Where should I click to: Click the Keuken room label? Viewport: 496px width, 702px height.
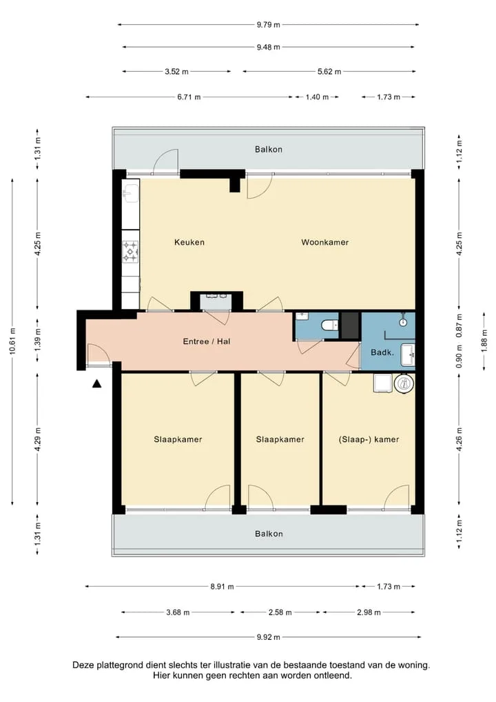[189, 242]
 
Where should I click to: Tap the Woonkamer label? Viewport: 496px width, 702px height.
[324, 242]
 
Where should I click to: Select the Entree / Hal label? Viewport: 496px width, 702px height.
[207, 341]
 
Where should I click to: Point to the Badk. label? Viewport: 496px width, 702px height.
[382, 353]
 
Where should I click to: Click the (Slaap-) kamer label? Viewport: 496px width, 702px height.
[369, 439]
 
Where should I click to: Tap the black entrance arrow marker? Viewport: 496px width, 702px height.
[96, 383]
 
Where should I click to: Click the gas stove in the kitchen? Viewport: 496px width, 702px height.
[131, 252]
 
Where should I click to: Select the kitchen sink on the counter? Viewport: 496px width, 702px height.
[131, 194]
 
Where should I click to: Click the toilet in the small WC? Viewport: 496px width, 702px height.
[331, 325]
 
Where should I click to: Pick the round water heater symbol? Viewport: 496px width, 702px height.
[404, 383]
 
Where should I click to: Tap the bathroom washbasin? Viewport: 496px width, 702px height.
[409, 355]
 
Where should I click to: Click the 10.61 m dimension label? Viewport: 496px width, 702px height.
[12, 341]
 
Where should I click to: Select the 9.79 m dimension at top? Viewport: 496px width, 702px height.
[269, 25]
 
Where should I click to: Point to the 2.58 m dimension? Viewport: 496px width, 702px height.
[280, 612]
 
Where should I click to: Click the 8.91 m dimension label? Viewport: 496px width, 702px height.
[223, 586]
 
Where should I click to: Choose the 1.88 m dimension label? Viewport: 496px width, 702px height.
[484, 341]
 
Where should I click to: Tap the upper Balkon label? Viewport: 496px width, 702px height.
[269, 149]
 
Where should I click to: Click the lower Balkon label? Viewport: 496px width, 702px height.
[269, 534]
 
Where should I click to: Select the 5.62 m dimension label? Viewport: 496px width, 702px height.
[329, 71]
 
